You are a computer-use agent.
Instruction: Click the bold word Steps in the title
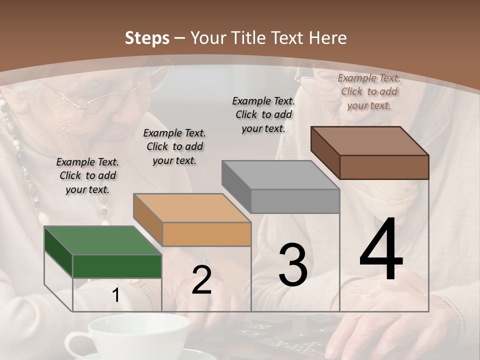click(147, 38)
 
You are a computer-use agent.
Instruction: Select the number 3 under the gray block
click(293, 265)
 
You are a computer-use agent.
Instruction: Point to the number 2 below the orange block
click(201, 280)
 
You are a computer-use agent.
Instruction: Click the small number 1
click(116, 295)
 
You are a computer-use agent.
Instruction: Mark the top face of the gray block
click(280, 175)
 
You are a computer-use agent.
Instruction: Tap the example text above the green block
click(87, 175)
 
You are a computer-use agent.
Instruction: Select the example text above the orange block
click(174, 146)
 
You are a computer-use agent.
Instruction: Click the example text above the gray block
click(263, 114)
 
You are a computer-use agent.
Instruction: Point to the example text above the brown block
click(369, 91)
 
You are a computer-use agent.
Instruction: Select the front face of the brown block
click(384, 167)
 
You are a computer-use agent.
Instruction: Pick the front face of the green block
click(117, 266)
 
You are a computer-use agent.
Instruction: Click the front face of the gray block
click(295, 201)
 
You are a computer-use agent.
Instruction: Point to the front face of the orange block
click(206, 234)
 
